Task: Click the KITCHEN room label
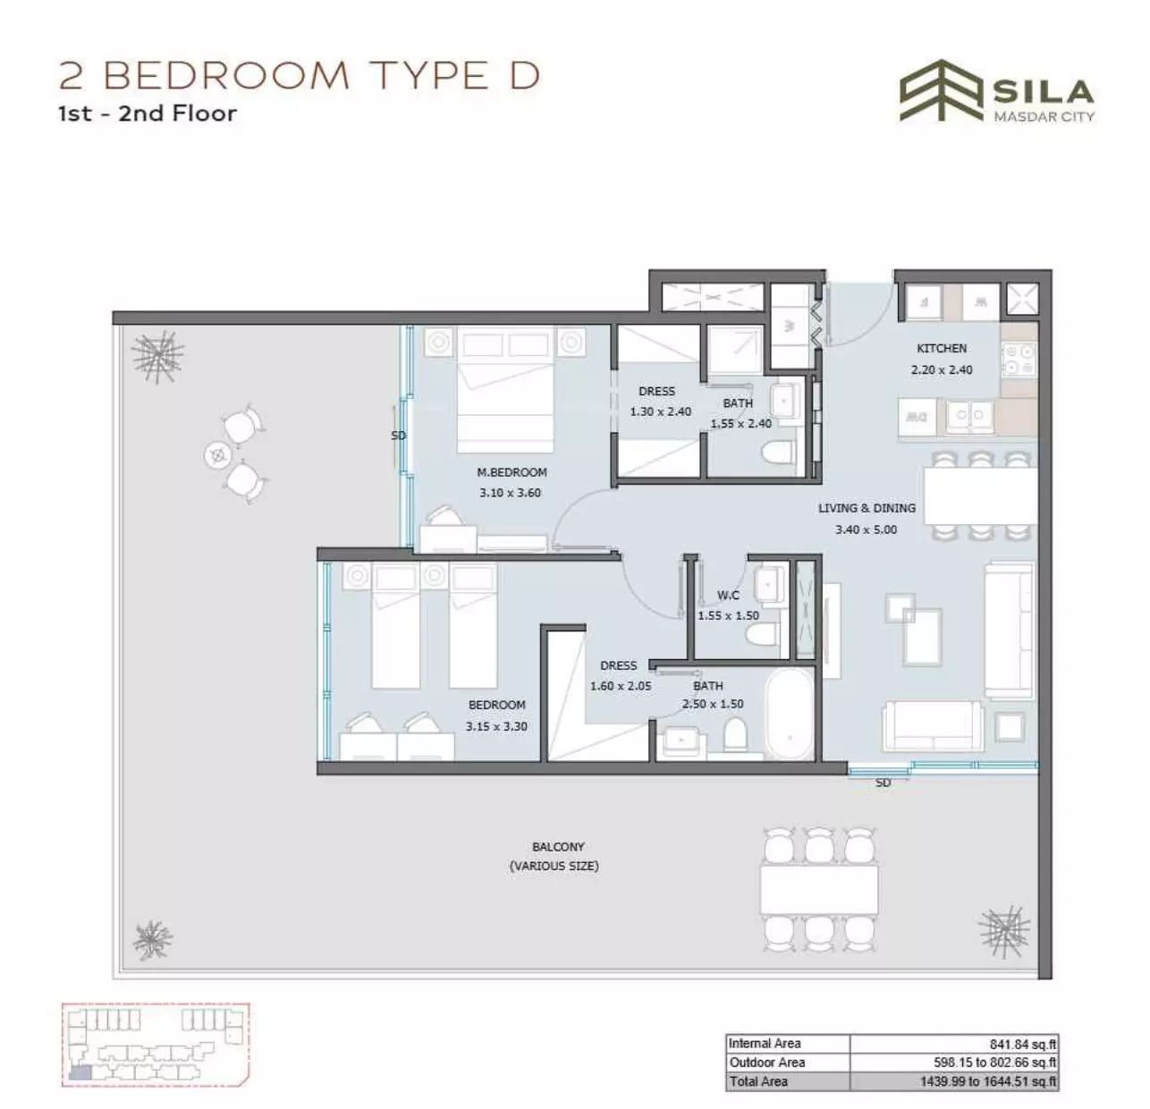pyautogui.click(x=941, y=348)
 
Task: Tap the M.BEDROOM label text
pyautogui.click(x=512, y=472)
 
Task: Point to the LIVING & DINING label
pyautogui.click(x=867, y=508)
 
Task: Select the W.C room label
pyautogui.click(x=728, y=595)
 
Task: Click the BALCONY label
pyautogui.click(x=558, y=847)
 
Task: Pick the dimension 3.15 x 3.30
pyautogui.click(x=496, y=726)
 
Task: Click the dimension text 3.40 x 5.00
pyautogui.click(x=866, y=529)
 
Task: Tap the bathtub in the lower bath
pyautogui.click(x=790, y=714)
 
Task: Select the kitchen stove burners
pyautogui.click(x=1019, y=360)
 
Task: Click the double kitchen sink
pyautogui.click(x=969, y=416)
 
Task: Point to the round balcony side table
pyautogui.click(x=218, y=455)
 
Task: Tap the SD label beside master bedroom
pyautogui.click(x=398, y=435)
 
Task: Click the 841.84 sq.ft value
pyautogui.click(x=1023, y=1045)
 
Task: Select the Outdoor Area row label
pyautogui.click(x=766, y=1062)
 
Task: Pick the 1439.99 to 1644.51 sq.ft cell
pyautogui.click(x=988, y=1081)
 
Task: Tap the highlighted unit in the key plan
pyautogui.click(x=80, y=1072)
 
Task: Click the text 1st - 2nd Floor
pyautogui.click(x=148, y=113)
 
